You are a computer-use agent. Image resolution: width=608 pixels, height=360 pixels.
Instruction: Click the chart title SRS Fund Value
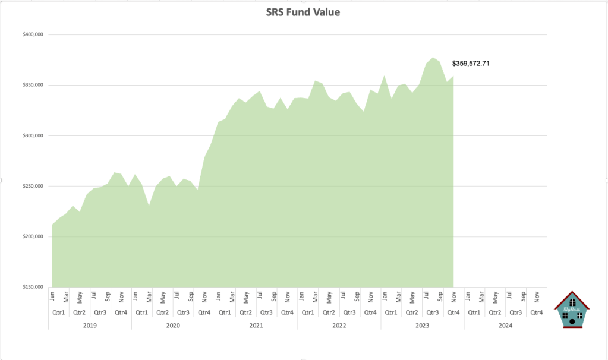[x=303, y=12]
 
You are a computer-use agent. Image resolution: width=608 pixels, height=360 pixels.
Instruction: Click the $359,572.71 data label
[x=474, y=63]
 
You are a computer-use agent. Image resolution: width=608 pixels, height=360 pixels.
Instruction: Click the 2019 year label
[x=90, y=326]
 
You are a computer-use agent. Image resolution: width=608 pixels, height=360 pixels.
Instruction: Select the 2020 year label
[x=173, y=326]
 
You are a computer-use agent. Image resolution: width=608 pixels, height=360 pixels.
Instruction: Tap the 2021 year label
[x=256, y=326]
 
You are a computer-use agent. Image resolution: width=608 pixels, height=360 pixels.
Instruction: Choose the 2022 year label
[x=339, y=326]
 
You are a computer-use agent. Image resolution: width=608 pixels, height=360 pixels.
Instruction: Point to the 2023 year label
[x=423, y=326]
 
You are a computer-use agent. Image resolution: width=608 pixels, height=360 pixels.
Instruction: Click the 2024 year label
[x=505, y=326]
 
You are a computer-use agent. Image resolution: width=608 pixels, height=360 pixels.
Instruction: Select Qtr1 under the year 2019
[x=59, y=312]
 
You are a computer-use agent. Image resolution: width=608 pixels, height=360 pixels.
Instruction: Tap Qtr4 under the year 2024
[x=537, y=312]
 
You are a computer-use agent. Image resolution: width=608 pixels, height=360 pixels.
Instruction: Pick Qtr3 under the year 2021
[x=267, y=312]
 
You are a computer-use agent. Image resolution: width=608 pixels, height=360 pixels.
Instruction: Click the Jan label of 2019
[x=52, y=295]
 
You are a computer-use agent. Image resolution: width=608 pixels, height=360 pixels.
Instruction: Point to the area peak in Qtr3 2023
[x=433, y=58]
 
